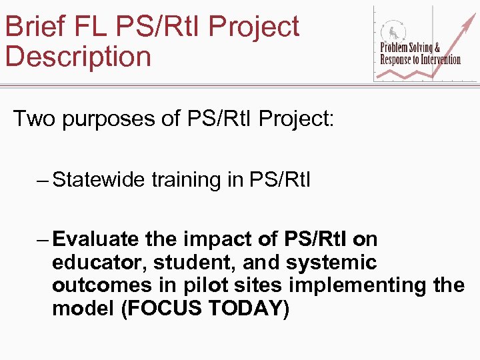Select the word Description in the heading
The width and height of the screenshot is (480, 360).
coord(78,57)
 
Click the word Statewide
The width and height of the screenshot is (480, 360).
coord(99,180)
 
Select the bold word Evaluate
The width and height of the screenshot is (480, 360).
coord(95,239)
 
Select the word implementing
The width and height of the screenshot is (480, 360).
coord(358,285)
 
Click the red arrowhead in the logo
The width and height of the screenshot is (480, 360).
coord(466,15)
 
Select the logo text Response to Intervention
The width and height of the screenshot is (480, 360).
coord(420,60)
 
